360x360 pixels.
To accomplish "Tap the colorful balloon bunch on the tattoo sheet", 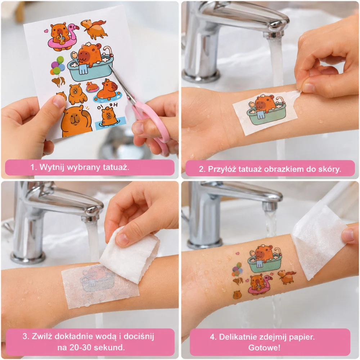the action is pos(57,66).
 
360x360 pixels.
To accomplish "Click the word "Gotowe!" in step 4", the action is pos(264,347).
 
